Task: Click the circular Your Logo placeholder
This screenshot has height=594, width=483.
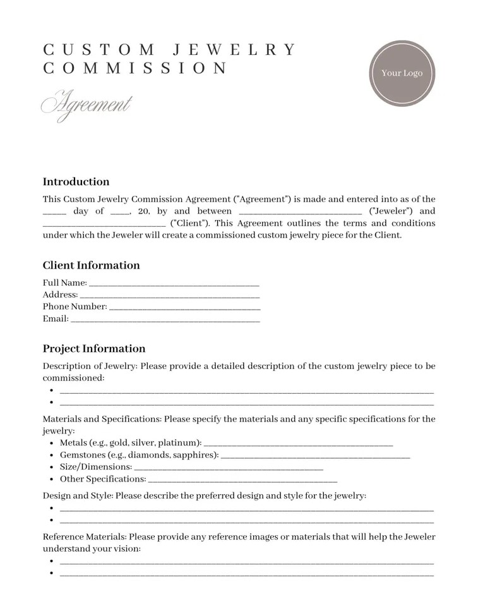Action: pos(402,73)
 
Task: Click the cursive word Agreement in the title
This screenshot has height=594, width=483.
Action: pos(86,104)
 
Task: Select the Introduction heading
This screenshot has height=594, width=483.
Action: pos(76,182)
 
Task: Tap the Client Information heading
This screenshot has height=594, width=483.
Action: pos(91,265)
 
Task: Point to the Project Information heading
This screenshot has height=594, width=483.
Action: pos(94,349)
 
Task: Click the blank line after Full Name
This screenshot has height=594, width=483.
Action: pos(174,284)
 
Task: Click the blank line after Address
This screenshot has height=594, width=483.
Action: pos(170,296)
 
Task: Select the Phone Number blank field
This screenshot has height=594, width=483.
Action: pos(185,308)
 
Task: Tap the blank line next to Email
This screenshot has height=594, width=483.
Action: pos(165,320)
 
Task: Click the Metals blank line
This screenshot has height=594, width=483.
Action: pos(298,444)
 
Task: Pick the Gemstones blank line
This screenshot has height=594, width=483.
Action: pos(316,456)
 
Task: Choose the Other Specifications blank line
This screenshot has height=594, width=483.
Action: pos(242,480)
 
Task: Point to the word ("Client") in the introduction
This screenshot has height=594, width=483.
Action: pos(190,223)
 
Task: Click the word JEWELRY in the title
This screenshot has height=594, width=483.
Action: pos(234,50)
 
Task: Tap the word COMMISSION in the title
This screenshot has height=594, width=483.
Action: pos(135,68)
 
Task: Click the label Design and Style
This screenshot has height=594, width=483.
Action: pos(77,496)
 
